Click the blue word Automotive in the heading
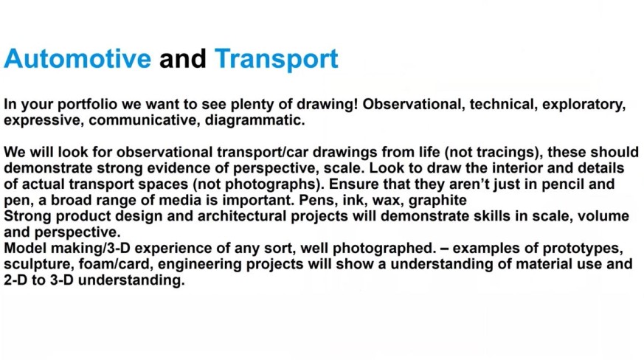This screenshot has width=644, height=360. [77, 58]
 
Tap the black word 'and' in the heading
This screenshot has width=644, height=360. [183, 58]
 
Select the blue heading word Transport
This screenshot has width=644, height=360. [277, 60]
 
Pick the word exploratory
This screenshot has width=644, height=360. [584, 105]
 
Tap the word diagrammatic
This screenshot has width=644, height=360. [255, 121]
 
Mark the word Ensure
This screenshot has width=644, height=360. [353, 184]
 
